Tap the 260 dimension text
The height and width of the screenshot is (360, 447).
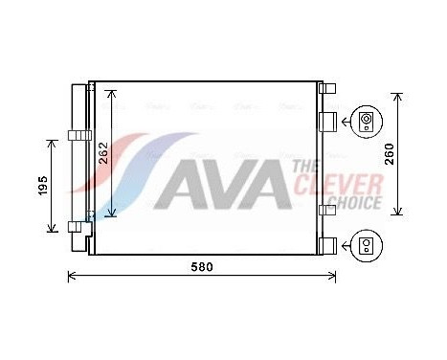[x=390, y=154]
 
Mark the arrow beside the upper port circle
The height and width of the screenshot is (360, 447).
[x=348, y=121]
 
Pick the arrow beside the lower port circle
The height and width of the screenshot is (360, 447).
[x=348, y=246]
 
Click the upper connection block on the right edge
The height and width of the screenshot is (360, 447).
[x=326, y=121]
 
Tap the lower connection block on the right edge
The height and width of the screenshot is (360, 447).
[x=326, y=245]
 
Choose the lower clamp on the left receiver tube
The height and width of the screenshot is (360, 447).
[x=76, y=226]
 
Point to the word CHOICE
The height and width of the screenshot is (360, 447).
[x=350, y=202]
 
